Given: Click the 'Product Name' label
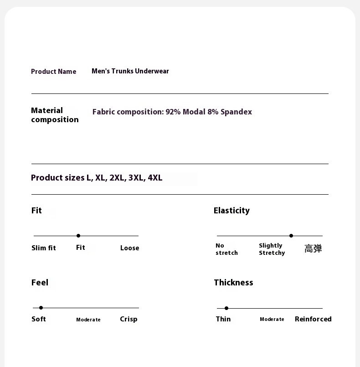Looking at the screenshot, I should pos(53,72).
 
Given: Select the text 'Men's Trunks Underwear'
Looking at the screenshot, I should pos(130,71).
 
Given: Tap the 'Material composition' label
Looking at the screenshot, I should pos(55,115).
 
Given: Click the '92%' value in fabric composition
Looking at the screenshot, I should pos(173,112).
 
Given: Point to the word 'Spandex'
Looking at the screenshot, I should pos(236,112).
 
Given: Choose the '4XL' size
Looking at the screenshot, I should pos(155,178).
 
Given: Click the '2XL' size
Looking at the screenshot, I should pos(117,178).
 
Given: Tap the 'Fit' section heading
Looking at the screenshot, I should pos(36,211).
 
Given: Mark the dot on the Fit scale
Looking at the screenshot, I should pos(78,236).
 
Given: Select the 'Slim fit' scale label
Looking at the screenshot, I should pos(44,248).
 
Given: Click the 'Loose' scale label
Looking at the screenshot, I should pos(129,248).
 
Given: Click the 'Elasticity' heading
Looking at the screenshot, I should pos(231,211).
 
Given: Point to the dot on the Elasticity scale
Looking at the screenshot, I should pos(291,236).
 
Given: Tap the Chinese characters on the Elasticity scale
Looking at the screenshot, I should pos(313,248).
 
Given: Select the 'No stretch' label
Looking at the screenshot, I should pos(226,249).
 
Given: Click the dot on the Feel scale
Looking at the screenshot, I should pos(41,308).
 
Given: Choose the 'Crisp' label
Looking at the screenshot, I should pos(129,319).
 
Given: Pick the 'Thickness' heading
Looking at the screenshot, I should pos(233,283).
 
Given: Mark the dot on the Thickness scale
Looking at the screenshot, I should pos(226,308).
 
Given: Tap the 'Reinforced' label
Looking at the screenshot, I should pos(313,319).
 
